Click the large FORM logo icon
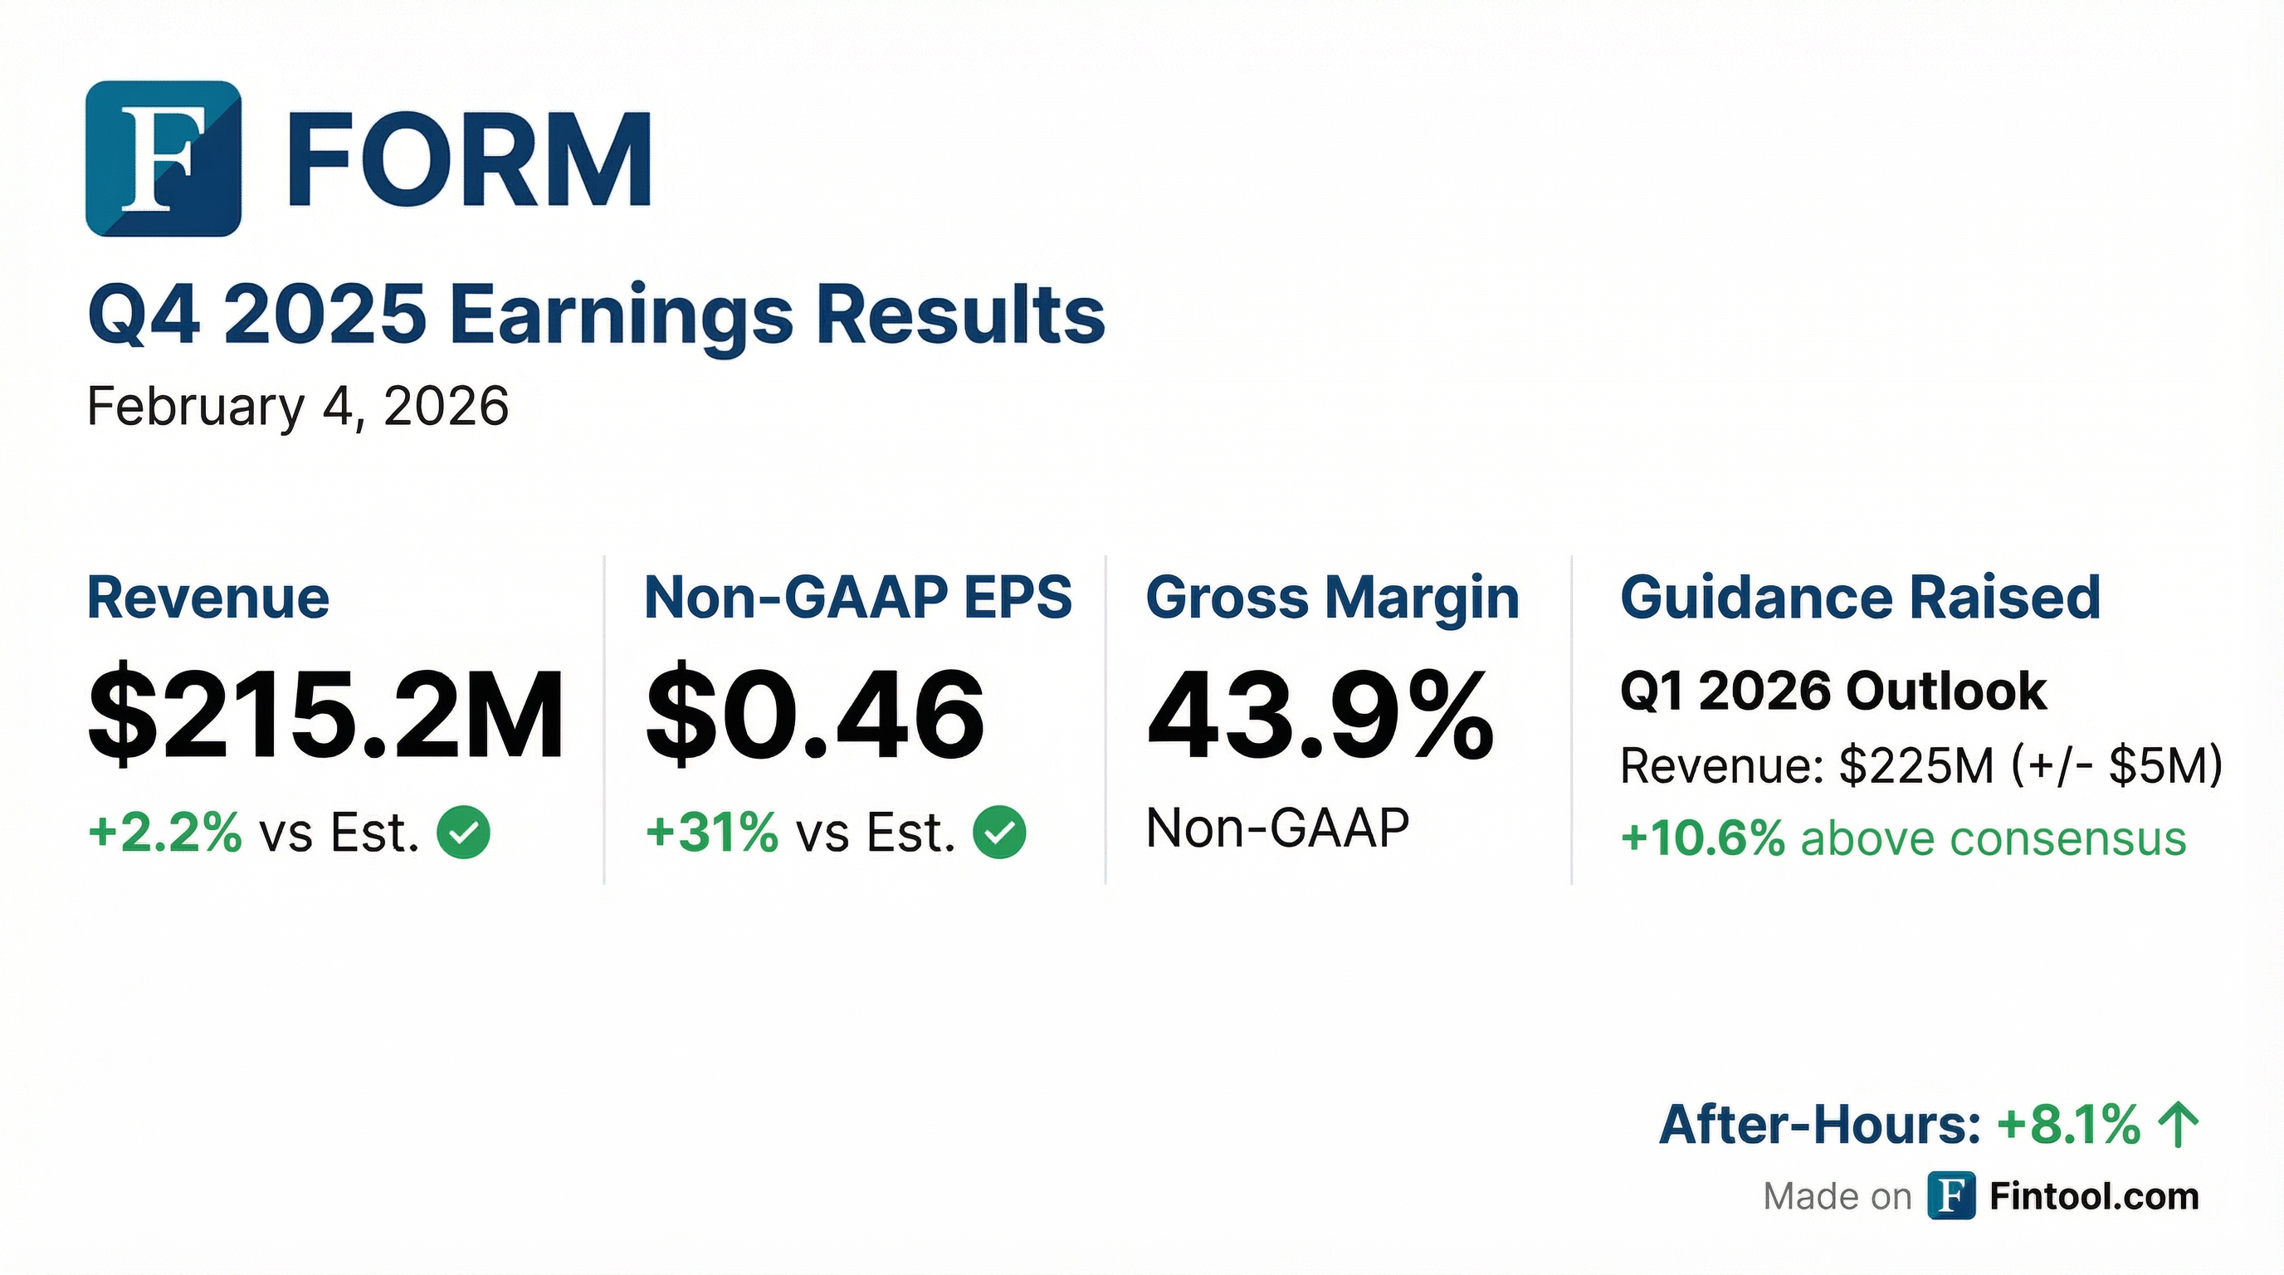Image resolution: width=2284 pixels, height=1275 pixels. tap(163, 159)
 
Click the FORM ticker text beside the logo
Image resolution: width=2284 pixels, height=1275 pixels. tap(471, 160)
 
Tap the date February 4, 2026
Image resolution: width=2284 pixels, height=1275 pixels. tap(298, 407)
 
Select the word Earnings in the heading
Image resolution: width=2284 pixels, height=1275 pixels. tap(621, 315)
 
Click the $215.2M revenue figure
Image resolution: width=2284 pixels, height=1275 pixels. tap(325, 715)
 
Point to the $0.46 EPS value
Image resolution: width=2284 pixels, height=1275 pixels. tap(814, 715)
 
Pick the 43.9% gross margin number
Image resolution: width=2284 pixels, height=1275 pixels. tap(1320, 715)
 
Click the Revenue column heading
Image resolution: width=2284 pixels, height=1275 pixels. tap(208, 598)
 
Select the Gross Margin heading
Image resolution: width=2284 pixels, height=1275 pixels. tap(1332, 598)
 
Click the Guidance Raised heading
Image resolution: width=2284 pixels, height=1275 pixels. tap(1860, 598)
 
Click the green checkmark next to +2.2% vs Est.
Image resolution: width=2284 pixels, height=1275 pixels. tap(464, 833)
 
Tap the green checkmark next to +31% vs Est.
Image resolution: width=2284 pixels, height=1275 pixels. tap(999, 833)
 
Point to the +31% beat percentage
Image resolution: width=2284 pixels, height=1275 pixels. tap(712, 833)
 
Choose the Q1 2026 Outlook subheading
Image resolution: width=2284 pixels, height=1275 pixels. tap(1833, 691)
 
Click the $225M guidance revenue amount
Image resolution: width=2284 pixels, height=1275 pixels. tap(1916, 765)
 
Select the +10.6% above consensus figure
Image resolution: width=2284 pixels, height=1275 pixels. tap(1702, 838)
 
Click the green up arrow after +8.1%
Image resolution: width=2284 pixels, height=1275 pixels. tap(2179, 1124)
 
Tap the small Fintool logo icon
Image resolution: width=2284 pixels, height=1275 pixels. tap(1950, 1196)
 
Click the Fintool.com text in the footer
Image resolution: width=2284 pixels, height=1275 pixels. tap(2094, 1197)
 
